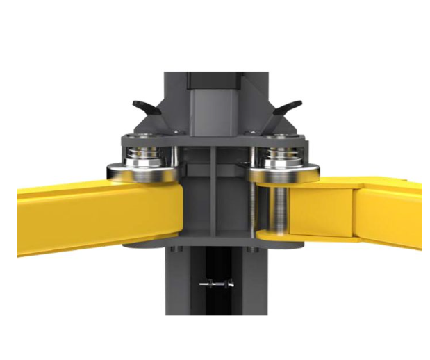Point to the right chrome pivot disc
[x=286, y=171]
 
